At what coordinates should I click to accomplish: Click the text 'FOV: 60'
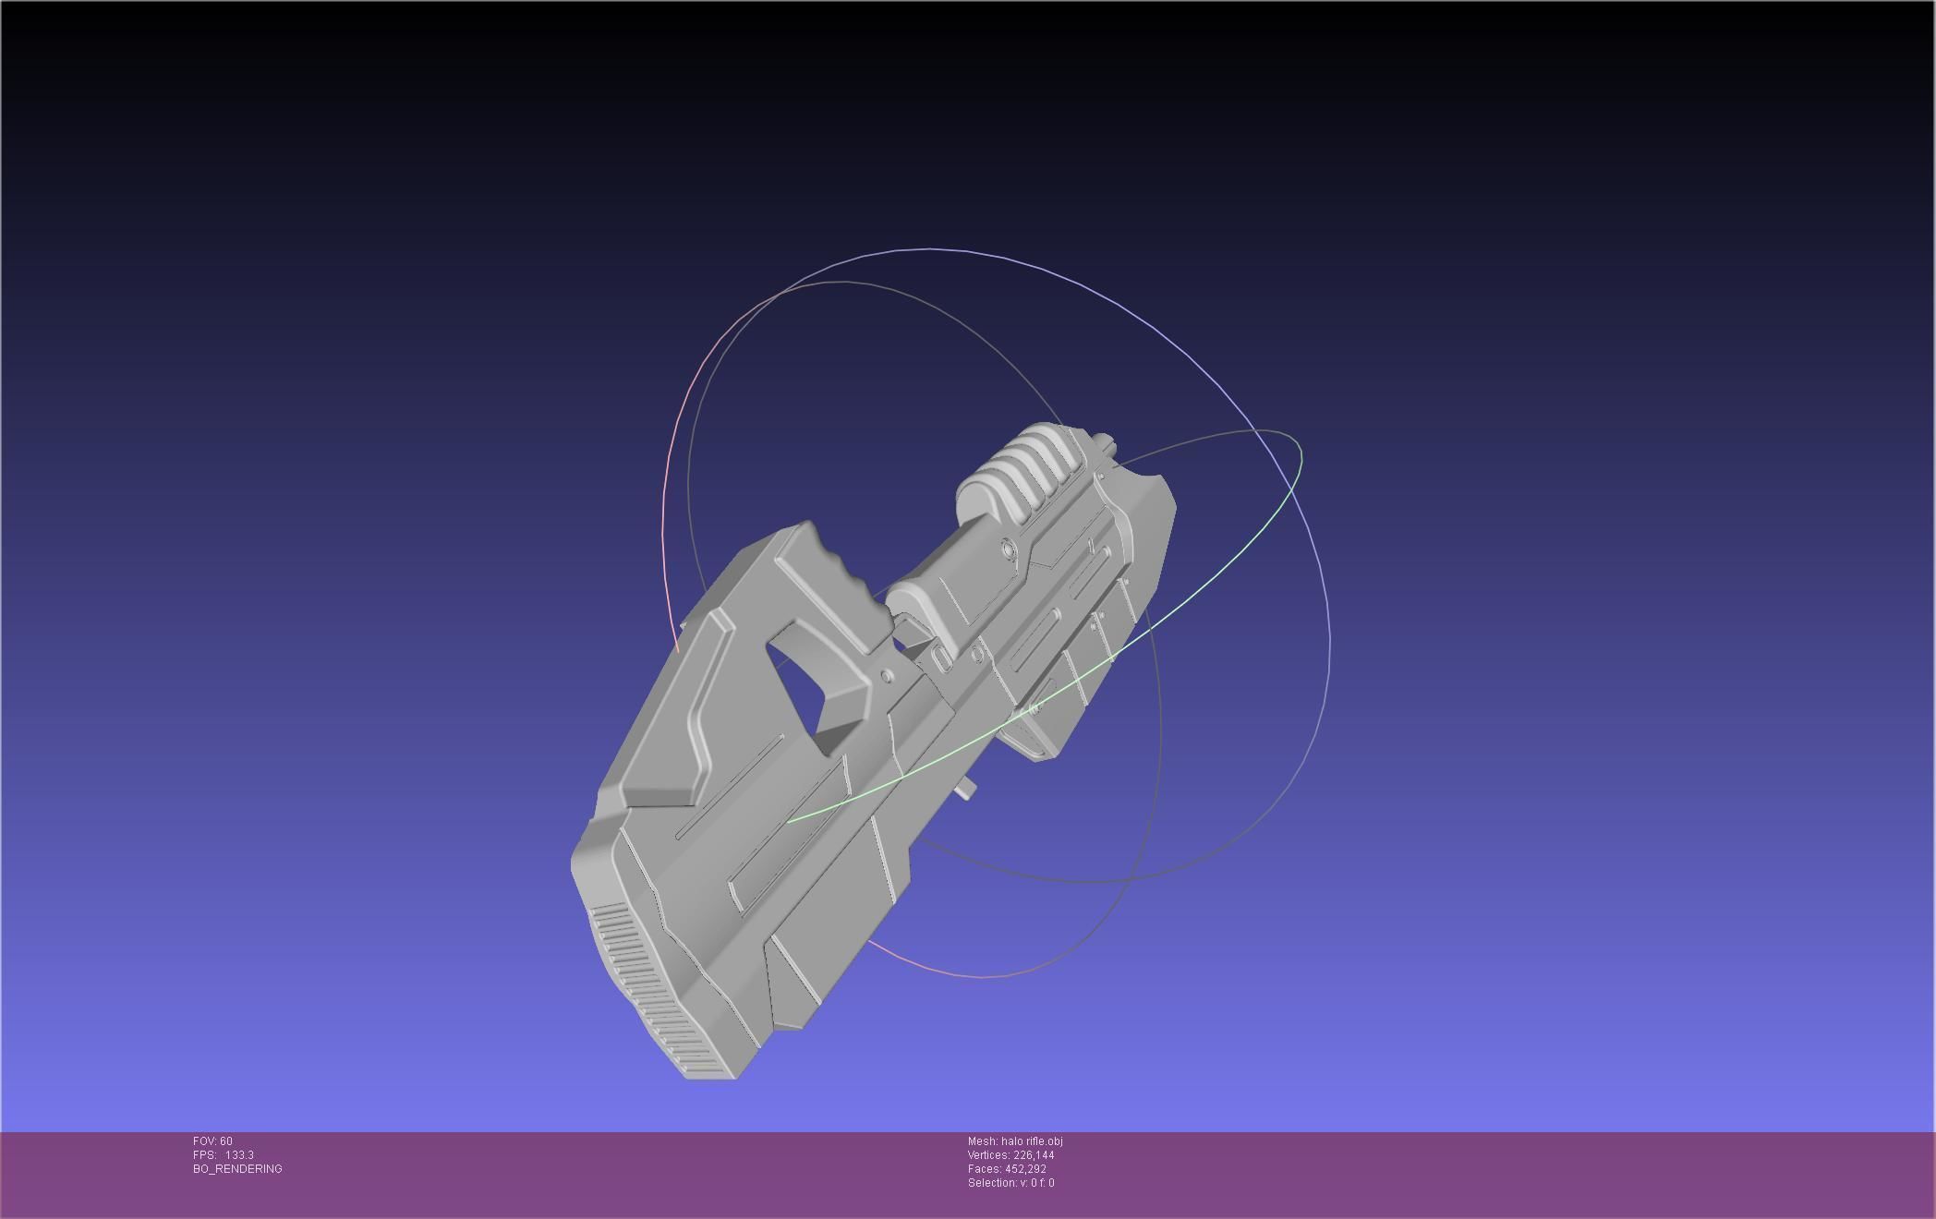tap(212, 1141)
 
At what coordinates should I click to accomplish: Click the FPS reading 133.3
tap(239, 1155)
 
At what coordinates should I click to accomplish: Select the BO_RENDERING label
tap(237, 1169)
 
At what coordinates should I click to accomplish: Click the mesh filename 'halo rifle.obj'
tap(1031, 1141)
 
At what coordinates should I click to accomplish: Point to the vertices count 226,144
tap(1033, 1155)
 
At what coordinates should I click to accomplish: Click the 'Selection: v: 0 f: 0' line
tap(1010, 1183)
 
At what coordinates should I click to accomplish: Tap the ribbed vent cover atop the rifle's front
tap(1025, 466)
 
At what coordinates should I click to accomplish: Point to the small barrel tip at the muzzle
tap(1106, 444)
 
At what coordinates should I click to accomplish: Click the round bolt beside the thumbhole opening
tap(888, 677)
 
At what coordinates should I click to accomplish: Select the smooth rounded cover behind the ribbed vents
tap(924, 600)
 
